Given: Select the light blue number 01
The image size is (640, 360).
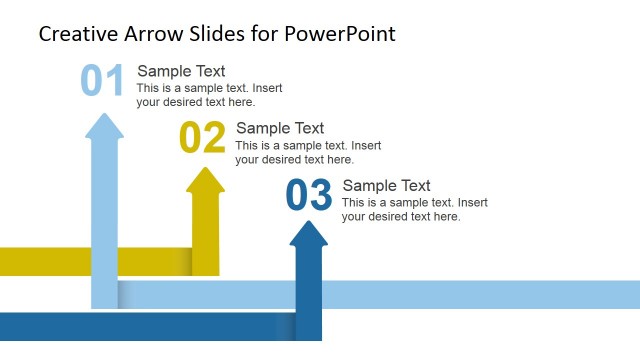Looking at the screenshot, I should point(102,81).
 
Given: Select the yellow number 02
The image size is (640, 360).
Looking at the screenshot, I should point(202,138).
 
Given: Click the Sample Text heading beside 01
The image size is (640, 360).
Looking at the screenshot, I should point(181,71).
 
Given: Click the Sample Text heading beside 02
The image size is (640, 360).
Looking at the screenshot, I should point(280,128).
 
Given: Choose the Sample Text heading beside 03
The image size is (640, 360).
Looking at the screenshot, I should point(386,186).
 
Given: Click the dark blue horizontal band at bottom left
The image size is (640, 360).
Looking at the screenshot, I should point(130,326).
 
